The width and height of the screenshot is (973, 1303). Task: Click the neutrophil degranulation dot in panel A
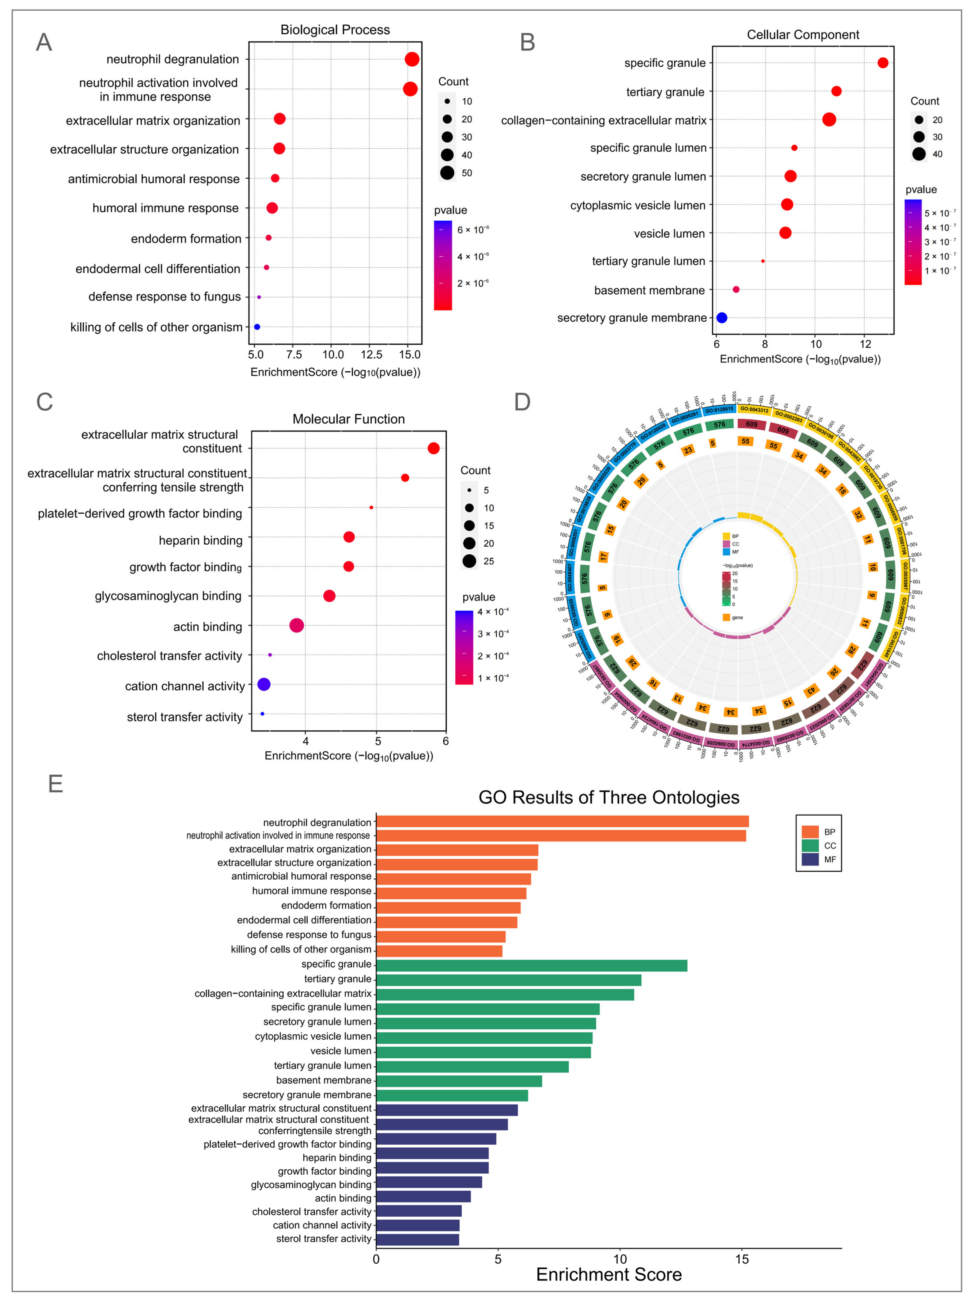[x=412, y=59]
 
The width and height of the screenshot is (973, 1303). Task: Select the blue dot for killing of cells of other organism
[x=257, y=327]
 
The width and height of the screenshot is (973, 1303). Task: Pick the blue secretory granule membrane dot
[x=721, y=318]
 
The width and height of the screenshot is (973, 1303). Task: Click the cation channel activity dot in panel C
[x=264, y=684]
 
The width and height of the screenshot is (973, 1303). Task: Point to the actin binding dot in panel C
[x=297, y=625]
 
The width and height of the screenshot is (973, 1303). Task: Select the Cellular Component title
[x=803, y=35]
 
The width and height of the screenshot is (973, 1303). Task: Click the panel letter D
[x=522, y=402]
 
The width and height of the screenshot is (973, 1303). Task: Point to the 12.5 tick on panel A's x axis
[x=371, y=355]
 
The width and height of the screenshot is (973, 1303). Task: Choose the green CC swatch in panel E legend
[x=810, y=845]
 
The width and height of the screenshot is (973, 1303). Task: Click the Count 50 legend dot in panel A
[x=447, y=172]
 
